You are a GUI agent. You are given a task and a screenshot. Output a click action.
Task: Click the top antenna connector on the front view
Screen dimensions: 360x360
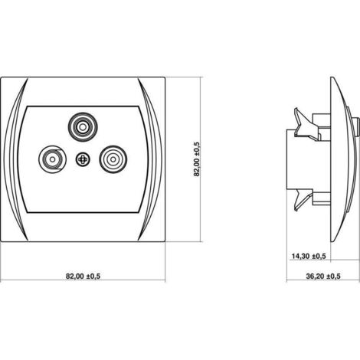tap(82, 126)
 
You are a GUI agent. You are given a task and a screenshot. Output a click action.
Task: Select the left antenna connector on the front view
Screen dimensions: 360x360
tap(53, 159)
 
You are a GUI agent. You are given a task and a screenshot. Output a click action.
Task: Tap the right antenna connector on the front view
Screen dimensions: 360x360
tap(113, 159)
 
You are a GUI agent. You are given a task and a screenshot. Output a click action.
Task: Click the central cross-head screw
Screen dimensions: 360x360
tap(83, 159)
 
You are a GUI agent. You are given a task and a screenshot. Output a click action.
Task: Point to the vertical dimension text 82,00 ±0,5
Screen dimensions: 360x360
tap(197, 159)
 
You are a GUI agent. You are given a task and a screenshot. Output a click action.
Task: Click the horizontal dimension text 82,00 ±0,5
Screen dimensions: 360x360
tap(83, 276)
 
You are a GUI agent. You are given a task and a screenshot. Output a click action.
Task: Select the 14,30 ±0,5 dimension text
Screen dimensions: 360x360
tap(309, 256)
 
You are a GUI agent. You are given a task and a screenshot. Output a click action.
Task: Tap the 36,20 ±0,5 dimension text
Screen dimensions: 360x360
tap(323, 276)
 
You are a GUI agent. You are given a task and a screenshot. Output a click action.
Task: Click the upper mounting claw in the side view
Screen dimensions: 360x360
tap(306, 125)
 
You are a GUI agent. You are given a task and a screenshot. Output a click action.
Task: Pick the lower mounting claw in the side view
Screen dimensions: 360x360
tap(306, 200)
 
